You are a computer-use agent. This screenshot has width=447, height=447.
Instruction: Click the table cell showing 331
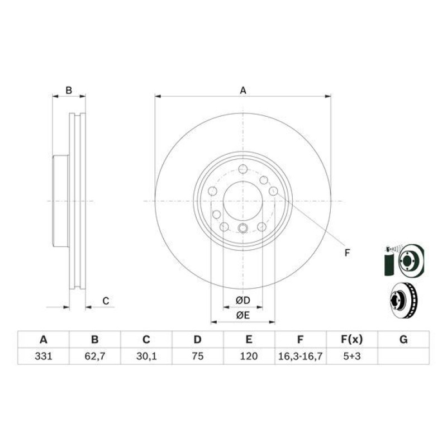(x=44, y=356)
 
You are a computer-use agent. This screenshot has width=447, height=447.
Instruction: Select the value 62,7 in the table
(x=95, y=356)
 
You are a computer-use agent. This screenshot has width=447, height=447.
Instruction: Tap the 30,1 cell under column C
(x=146, y=356)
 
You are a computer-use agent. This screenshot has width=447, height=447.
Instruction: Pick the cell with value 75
(x=198, y=356)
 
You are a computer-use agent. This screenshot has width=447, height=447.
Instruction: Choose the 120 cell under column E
(x=249, y=356)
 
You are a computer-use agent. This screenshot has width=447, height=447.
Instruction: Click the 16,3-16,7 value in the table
(x=301, y=356)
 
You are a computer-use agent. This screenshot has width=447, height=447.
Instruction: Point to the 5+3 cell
(x=352, y=356)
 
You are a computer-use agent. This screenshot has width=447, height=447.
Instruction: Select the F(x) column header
(x=352, y=340)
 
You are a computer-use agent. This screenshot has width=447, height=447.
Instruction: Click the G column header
(x=403, y=340)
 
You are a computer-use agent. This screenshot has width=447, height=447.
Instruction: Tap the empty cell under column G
(x=403, y=356)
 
